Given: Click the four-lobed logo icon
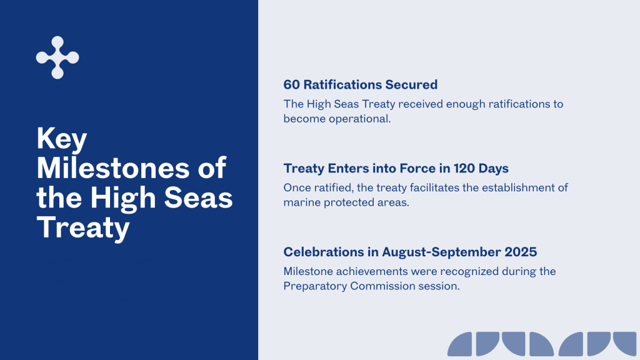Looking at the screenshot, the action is [57, 57].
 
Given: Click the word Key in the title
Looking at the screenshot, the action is [62, 139].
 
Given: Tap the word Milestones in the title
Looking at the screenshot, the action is [113, 167].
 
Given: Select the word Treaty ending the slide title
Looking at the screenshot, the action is [83, 227].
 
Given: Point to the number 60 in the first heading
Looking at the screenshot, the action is [291, 84].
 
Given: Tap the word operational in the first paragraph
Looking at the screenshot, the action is [360, 119].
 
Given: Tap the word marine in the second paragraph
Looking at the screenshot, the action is [302, 202].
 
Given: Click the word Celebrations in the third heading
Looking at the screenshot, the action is [324, 252].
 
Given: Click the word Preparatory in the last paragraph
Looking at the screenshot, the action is [315, 286].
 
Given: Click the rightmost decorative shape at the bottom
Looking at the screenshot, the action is [625, 342].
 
